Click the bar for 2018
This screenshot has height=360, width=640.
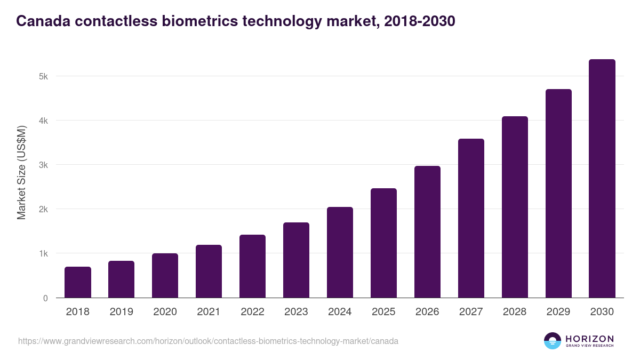[x=78, y=282]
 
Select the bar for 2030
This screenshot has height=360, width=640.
[x=602, y=179]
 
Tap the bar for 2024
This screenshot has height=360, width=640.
[x=340, y=252]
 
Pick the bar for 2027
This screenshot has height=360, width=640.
[x=471, y=218]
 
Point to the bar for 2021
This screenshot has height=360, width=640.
[x=209, y=271]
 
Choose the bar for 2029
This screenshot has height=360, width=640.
[x=558, y=194]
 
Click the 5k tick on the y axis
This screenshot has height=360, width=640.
[x=43, y=76]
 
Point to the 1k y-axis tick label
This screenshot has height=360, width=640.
[x=43, y=253]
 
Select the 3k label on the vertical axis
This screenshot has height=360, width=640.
[x=43, y=165]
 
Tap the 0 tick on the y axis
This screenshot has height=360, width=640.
[x=45, y=298]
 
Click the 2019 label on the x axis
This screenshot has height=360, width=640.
[x=122, y=312]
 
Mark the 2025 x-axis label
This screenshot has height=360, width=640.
[x=383, y=312]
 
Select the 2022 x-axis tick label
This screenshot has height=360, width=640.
[x=252, y=312]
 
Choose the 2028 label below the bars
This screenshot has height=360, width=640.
[x=515, y=312]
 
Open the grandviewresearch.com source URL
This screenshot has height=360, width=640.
[x=208, y=341]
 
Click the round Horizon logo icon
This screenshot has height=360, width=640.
[x=553, y=341]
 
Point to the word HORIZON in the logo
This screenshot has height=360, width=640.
[x=589, y=338]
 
